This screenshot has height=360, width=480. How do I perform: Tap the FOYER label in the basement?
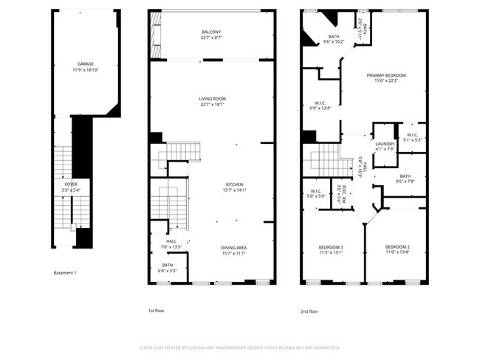point(71,184)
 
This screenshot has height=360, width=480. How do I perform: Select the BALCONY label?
point(210,32)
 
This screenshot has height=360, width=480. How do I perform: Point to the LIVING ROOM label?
point(212,99)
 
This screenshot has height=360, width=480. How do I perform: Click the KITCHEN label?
point(235,184)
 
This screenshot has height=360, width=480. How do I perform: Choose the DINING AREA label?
point(233,247)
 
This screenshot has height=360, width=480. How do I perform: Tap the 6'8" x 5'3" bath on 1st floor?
point(168,266)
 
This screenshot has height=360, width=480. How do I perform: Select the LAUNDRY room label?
point(385,144)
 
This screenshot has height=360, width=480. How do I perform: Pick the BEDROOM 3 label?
point(331,247)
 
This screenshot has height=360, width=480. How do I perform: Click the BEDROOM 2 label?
point(397,247)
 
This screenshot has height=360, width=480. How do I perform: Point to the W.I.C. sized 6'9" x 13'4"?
point(320,103)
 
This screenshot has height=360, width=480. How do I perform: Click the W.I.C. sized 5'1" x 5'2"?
point(412,135)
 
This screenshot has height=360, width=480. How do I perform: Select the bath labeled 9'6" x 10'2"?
point(334,37)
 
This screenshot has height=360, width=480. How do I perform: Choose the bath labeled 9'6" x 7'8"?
point(405,176)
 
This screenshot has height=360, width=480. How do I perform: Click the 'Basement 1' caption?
point(65,273)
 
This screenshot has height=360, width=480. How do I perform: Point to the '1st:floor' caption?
point(156,311)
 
